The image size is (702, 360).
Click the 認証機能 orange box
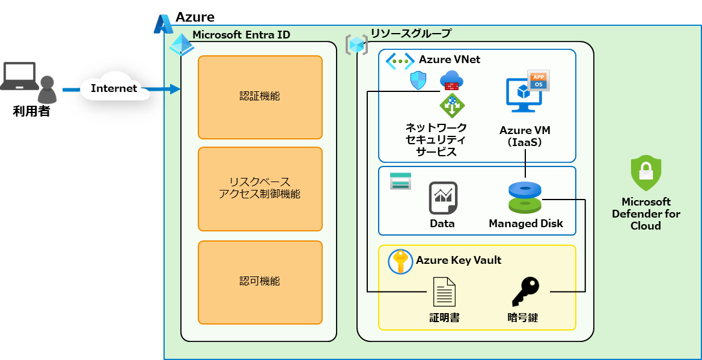260,97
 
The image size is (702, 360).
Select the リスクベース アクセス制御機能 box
260,189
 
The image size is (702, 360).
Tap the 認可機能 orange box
260,282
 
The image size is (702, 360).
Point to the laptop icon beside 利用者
19,76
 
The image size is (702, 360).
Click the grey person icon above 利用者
46,90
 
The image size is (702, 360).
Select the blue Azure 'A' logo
163,24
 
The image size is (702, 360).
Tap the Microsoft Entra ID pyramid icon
182,44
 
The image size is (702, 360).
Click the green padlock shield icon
646,173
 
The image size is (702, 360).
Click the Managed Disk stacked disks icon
525,197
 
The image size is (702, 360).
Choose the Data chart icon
443,198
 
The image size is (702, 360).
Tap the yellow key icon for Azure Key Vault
400,262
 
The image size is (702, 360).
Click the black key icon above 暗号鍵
526,291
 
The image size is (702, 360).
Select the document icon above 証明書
444,292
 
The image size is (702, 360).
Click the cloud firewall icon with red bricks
451,80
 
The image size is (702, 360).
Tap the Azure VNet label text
450,59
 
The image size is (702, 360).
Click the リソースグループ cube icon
356,45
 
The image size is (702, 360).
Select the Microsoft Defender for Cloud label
646,213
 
